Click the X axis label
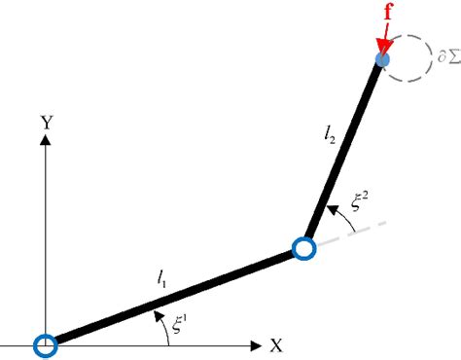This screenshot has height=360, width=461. [276, 344]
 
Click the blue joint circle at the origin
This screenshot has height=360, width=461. [44, 344]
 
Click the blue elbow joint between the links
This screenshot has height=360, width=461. [304, 250]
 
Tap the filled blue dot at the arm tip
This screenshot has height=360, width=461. [383, 60]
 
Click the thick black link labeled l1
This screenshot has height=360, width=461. [173, 298]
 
